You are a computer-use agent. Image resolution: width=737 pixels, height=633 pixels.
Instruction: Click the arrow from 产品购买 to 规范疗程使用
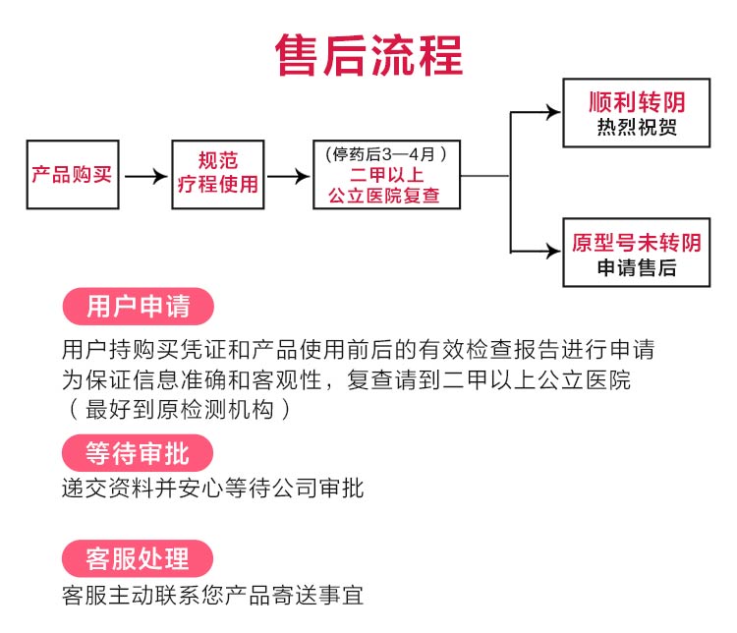click(146, 177)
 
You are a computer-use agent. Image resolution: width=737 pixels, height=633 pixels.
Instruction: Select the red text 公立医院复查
click(386, 197)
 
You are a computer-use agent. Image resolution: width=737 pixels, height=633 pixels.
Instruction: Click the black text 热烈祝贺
click(636, 129)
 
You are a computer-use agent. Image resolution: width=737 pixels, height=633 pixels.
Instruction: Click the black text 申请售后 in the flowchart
click(636, 267)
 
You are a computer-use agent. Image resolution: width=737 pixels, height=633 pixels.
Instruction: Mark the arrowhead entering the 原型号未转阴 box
click(552, 252)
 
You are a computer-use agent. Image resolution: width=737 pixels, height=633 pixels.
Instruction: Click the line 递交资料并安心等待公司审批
click(212, 488)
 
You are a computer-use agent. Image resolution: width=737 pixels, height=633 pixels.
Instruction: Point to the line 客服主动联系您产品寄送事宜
click(212, 595)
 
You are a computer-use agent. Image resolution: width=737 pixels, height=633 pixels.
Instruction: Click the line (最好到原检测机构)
click(178, 410)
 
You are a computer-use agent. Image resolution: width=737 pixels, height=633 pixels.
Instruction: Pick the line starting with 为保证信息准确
click(344, 380)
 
